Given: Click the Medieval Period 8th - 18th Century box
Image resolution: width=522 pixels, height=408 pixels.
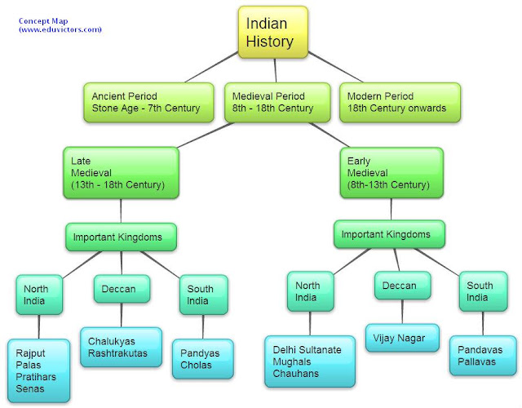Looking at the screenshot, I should tap(273, 101).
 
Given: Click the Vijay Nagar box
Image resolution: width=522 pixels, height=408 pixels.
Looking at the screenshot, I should tap(401, 337).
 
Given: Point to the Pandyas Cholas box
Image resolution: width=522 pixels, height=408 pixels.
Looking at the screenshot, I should tap(202, 359).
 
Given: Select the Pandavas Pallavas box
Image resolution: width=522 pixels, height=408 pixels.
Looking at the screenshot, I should tap(482, 354).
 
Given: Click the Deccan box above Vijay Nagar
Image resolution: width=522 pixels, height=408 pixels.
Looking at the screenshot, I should tap(400, 286).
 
